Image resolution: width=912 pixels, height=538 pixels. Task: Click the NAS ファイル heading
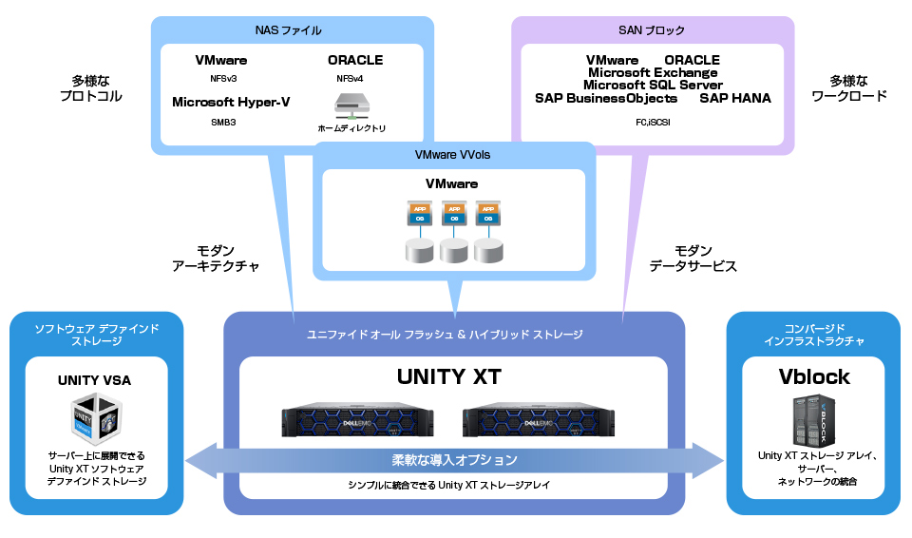289,30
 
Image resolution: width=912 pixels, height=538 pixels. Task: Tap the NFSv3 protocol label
221,79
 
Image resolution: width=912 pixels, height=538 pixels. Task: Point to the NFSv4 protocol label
350,79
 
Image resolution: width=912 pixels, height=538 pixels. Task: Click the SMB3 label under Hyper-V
223,122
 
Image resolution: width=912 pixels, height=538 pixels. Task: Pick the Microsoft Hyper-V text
231,102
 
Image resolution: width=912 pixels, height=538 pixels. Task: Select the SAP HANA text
735,98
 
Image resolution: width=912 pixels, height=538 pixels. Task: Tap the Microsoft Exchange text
653,72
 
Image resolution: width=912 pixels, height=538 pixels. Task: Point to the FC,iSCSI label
653,122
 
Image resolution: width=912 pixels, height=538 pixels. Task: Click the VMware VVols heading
453,155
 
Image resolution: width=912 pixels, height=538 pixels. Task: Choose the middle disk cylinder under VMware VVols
453,251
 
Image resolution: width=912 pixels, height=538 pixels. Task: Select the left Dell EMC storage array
357,420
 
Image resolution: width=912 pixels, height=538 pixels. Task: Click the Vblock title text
814,377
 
